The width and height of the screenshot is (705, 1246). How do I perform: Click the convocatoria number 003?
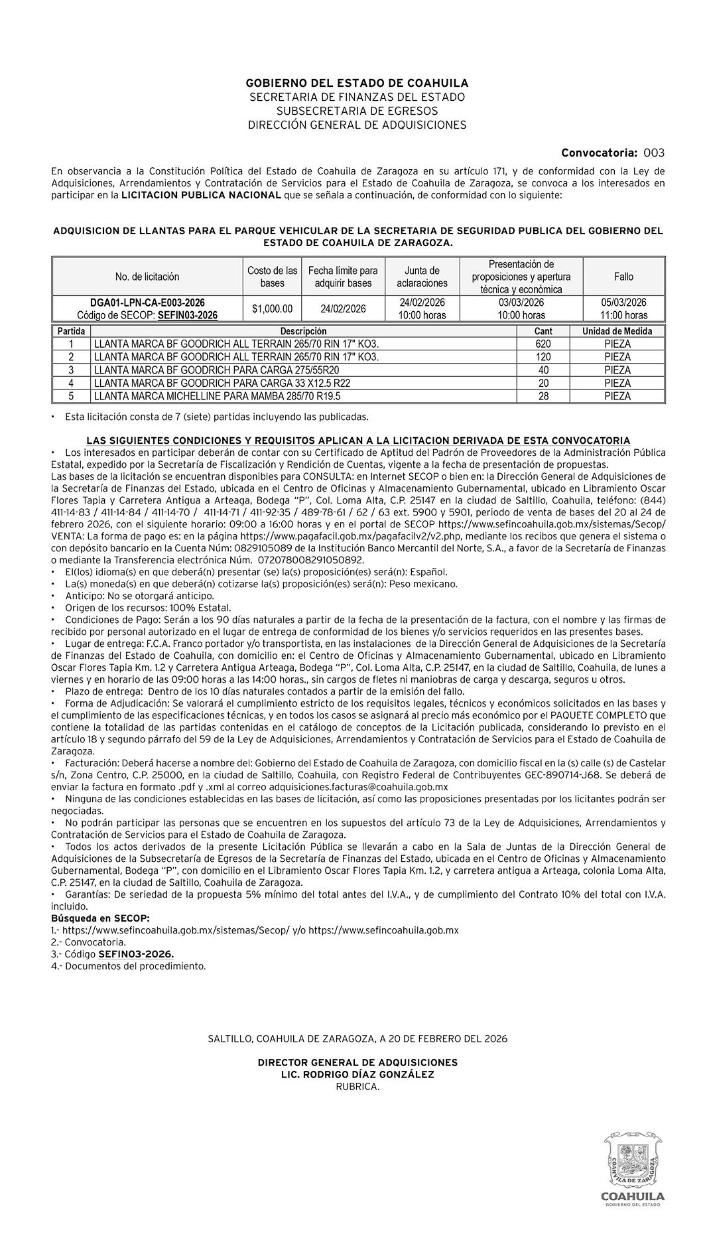pos(653,153)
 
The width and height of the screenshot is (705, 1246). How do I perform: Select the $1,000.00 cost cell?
pos(273,309)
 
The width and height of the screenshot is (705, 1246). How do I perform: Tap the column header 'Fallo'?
pos(623,276)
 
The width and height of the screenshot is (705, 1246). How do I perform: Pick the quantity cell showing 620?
pos(543,344)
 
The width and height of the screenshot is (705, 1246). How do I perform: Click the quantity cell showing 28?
pos(543,396)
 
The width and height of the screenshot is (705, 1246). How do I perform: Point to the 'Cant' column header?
pos(543,331)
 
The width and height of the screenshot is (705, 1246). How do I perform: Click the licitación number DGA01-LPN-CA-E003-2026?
pos(147,303)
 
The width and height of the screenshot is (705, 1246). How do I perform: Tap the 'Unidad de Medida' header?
pos(617,331)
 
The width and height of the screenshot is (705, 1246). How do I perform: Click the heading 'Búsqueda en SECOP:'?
pos(100,918)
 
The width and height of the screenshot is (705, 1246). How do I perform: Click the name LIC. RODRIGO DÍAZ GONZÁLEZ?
pos(357,1074)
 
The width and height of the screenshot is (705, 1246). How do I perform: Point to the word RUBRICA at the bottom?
pos(357,1086)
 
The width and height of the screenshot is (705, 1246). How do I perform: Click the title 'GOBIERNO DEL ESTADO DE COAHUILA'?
pos(357,83)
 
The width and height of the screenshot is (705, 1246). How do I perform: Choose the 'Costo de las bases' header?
pos(273,276)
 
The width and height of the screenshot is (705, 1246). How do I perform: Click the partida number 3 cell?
pos(71,370)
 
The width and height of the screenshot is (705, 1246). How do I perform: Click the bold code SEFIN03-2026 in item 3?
pos(136,954)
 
